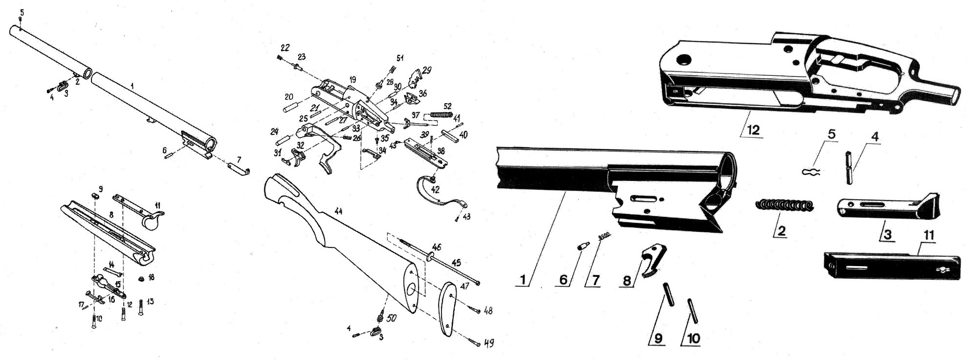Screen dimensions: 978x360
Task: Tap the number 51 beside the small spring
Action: coord(400,58)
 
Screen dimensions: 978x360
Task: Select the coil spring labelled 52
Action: coord(442,115)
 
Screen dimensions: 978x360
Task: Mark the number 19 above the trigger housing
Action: coord(353,79)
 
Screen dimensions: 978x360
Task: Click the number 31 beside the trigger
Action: coord(277,153)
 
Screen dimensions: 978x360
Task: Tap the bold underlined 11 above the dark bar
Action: coord(928,235)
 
